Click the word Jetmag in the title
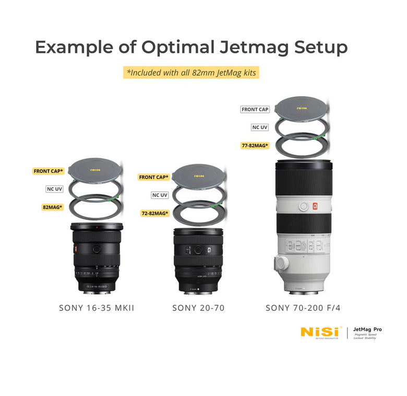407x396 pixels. coord(250,48)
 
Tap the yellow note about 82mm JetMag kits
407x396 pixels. coord(191,73)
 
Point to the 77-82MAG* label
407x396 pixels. coord(255,145)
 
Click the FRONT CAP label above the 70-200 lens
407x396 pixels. coord(255,110)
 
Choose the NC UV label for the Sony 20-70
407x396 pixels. coord(160,195)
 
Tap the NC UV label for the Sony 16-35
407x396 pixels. coord(55,189)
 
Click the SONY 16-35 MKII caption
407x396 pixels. coord(97,308)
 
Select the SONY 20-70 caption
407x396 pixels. coord(198,308)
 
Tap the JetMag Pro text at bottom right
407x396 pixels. coord(367,329)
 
